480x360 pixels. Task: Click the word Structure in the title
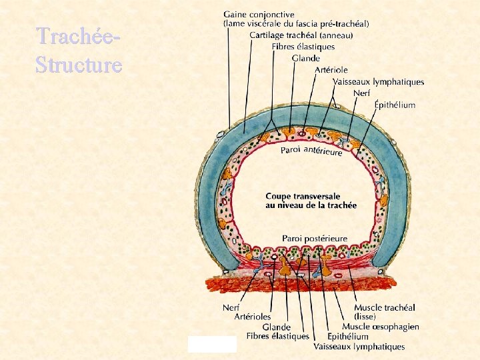79,65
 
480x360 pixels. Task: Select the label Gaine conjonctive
259,14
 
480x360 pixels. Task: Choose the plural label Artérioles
253,317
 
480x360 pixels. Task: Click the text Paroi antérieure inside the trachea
311,151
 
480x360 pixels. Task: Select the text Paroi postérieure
315,238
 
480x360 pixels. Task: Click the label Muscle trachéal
384,307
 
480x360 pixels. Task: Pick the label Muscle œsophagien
381,327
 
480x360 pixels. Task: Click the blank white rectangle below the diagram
212,344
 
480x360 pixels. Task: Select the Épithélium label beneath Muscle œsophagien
348,337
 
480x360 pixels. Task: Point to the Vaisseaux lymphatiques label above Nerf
378,82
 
